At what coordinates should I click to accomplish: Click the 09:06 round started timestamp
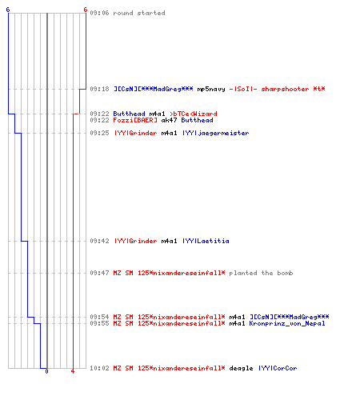[99, 13]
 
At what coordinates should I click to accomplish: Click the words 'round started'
[139, 13]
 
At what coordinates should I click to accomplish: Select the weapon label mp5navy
[211, 89]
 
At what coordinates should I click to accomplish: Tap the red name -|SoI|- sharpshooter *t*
[277, 89]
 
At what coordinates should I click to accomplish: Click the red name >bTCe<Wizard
[194, 114]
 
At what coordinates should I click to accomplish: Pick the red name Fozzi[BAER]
[135, 120]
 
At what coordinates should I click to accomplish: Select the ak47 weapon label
[169, 120]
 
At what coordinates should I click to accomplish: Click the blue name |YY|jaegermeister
[215, 133]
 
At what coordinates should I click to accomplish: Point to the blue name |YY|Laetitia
[206, 241]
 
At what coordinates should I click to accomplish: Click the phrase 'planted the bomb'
[261, 273]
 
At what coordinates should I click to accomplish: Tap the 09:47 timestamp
[99, 273]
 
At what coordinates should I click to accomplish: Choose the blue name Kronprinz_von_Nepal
[287, 323]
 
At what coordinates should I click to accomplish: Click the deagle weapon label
[241, 368]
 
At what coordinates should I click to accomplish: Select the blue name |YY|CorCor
[278, 368]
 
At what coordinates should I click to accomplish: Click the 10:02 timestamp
[99, 368]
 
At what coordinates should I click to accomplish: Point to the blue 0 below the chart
[46, 371]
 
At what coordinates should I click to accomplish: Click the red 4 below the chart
[73, 371]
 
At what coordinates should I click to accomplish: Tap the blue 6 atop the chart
[8, 10]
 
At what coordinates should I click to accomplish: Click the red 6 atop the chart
[86, 10]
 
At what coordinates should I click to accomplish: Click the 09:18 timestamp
[99, 89]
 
